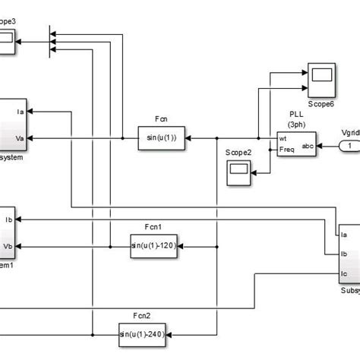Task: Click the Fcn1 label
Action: (x=155, y=227)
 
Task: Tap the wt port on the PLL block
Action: (x=283, y=138)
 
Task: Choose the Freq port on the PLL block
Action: (x=286, y=149)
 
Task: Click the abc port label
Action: (x=308, y=144)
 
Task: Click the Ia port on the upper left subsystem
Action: (x=19, y=112)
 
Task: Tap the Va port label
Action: (x=19, y=137)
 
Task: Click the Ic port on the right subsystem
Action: (x=345, y=273)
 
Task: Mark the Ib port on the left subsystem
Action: (x=9, y=219)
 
